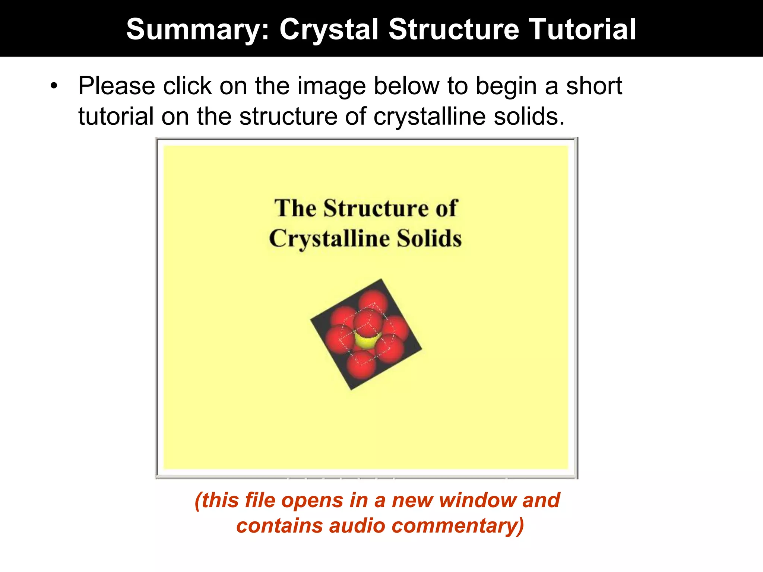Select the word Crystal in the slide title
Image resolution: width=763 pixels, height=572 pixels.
(x=329, y=30)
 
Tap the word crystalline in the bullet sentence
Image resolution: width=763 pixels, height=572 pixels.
(x=430, y=117)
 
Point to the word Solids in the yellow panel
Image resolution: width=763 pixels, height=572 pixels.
(x=429, y=238)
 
